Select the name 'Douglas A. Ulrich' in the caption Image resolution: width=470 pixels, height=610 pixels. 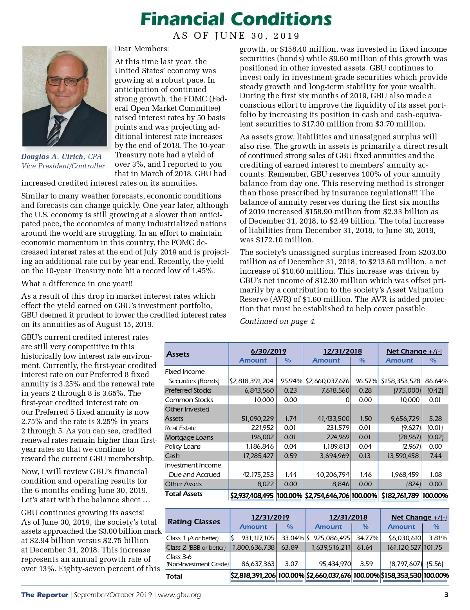(53, 157)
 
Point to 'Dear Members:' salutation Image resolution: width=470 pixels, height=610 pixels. (141, 49)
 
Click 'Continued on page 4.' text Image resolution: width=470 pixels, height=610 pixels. (277, 321)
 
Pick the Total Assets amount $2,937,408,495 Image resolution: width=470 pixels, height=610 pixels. (252, 495)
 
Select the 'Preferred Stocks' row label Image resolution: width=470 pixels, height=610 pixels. (188, 390)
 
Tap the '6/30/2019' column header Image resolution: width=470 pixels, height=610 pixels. (268, 351)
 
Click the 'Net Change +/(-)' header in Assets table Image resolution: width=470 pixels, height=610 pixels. (414, 351)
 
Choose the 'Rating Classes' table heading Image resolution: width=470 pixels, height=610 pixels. (193, 522)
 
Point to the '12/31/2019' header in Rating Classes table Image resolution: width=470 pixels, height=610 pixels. (270, 517)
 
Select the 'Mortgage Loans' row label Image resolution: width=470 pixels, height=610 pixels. (189, 437)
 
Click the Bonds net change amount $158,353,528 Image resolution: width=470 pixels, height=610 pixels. (401, 381)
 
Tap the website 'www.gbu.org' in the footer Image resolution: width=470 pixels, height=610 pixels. (179, 595)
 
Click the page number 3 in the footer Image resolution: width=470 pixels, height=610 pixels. (446, 595)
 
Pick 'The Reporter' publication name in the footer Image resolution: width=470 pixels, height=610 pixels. (44, 595)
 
